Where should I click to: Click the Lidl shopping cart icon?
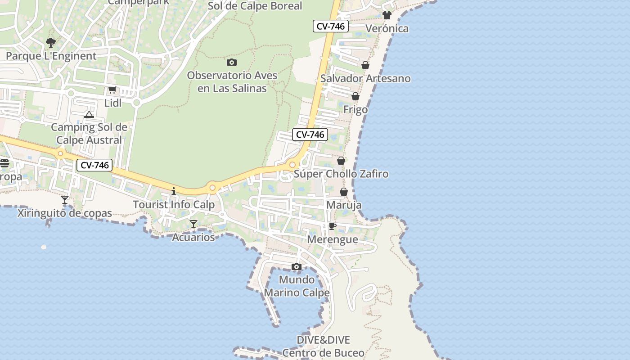[112, 90]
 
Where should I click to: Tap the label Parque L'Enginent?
[51, 56]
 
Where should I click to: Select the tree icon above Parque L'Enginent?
[51, 42]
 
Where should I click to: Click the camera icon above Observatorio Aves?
[232, 62]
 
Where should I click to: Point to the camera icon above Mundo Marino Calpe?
[296, 266]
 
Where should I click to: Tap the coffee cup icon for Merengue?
[332, 226]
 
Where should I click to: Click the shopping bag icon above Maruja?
[344, 192]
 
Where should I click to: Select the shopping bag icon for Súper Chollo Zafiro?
[341, 161]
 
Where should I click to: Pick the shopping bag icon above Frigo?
[355, 96]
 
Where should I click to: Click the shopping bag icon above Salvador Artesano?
[365, 65]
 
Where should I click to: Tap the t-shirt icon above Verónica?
[387, 15]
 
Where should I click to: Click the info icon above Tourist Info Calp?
[174, 191]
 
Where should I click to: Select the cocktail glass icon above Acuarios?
[193, 224]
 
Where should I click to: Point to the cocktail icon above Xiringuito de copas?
[65, 199]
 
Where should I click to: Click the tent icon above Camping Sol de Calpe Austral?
[89, 114]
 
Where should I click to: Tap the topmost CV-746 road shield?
[330, 26]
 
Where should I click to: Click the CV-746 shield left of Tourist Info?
[94, 165]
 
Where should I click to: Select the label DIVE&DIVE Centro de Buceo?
[323, 346]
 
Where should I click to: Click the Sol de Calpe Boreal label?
[255, 6]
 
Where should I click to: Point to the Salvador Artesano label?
[365, 78]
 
